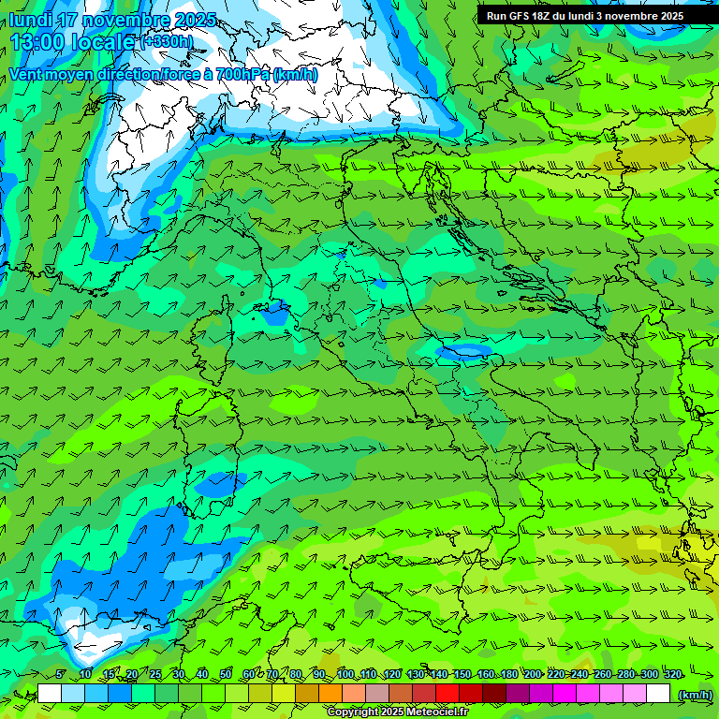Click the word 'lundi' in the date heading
[32, 20]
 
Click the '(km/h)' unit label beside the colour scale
[694, 694]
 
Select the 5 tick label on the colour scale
[60, 674]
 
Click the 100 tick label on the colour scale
[345, 674]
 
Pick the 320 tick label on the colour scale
[672, 674]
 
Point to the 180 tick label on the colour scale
[508, 674]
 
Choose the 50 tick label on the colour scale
[226, 674]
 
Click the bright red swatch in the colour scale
[448, 694]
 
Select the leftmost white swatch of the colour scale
[50, 694]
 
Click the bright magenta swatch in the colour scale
[565, 694]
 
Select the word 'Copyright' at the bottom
[352, 712]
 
